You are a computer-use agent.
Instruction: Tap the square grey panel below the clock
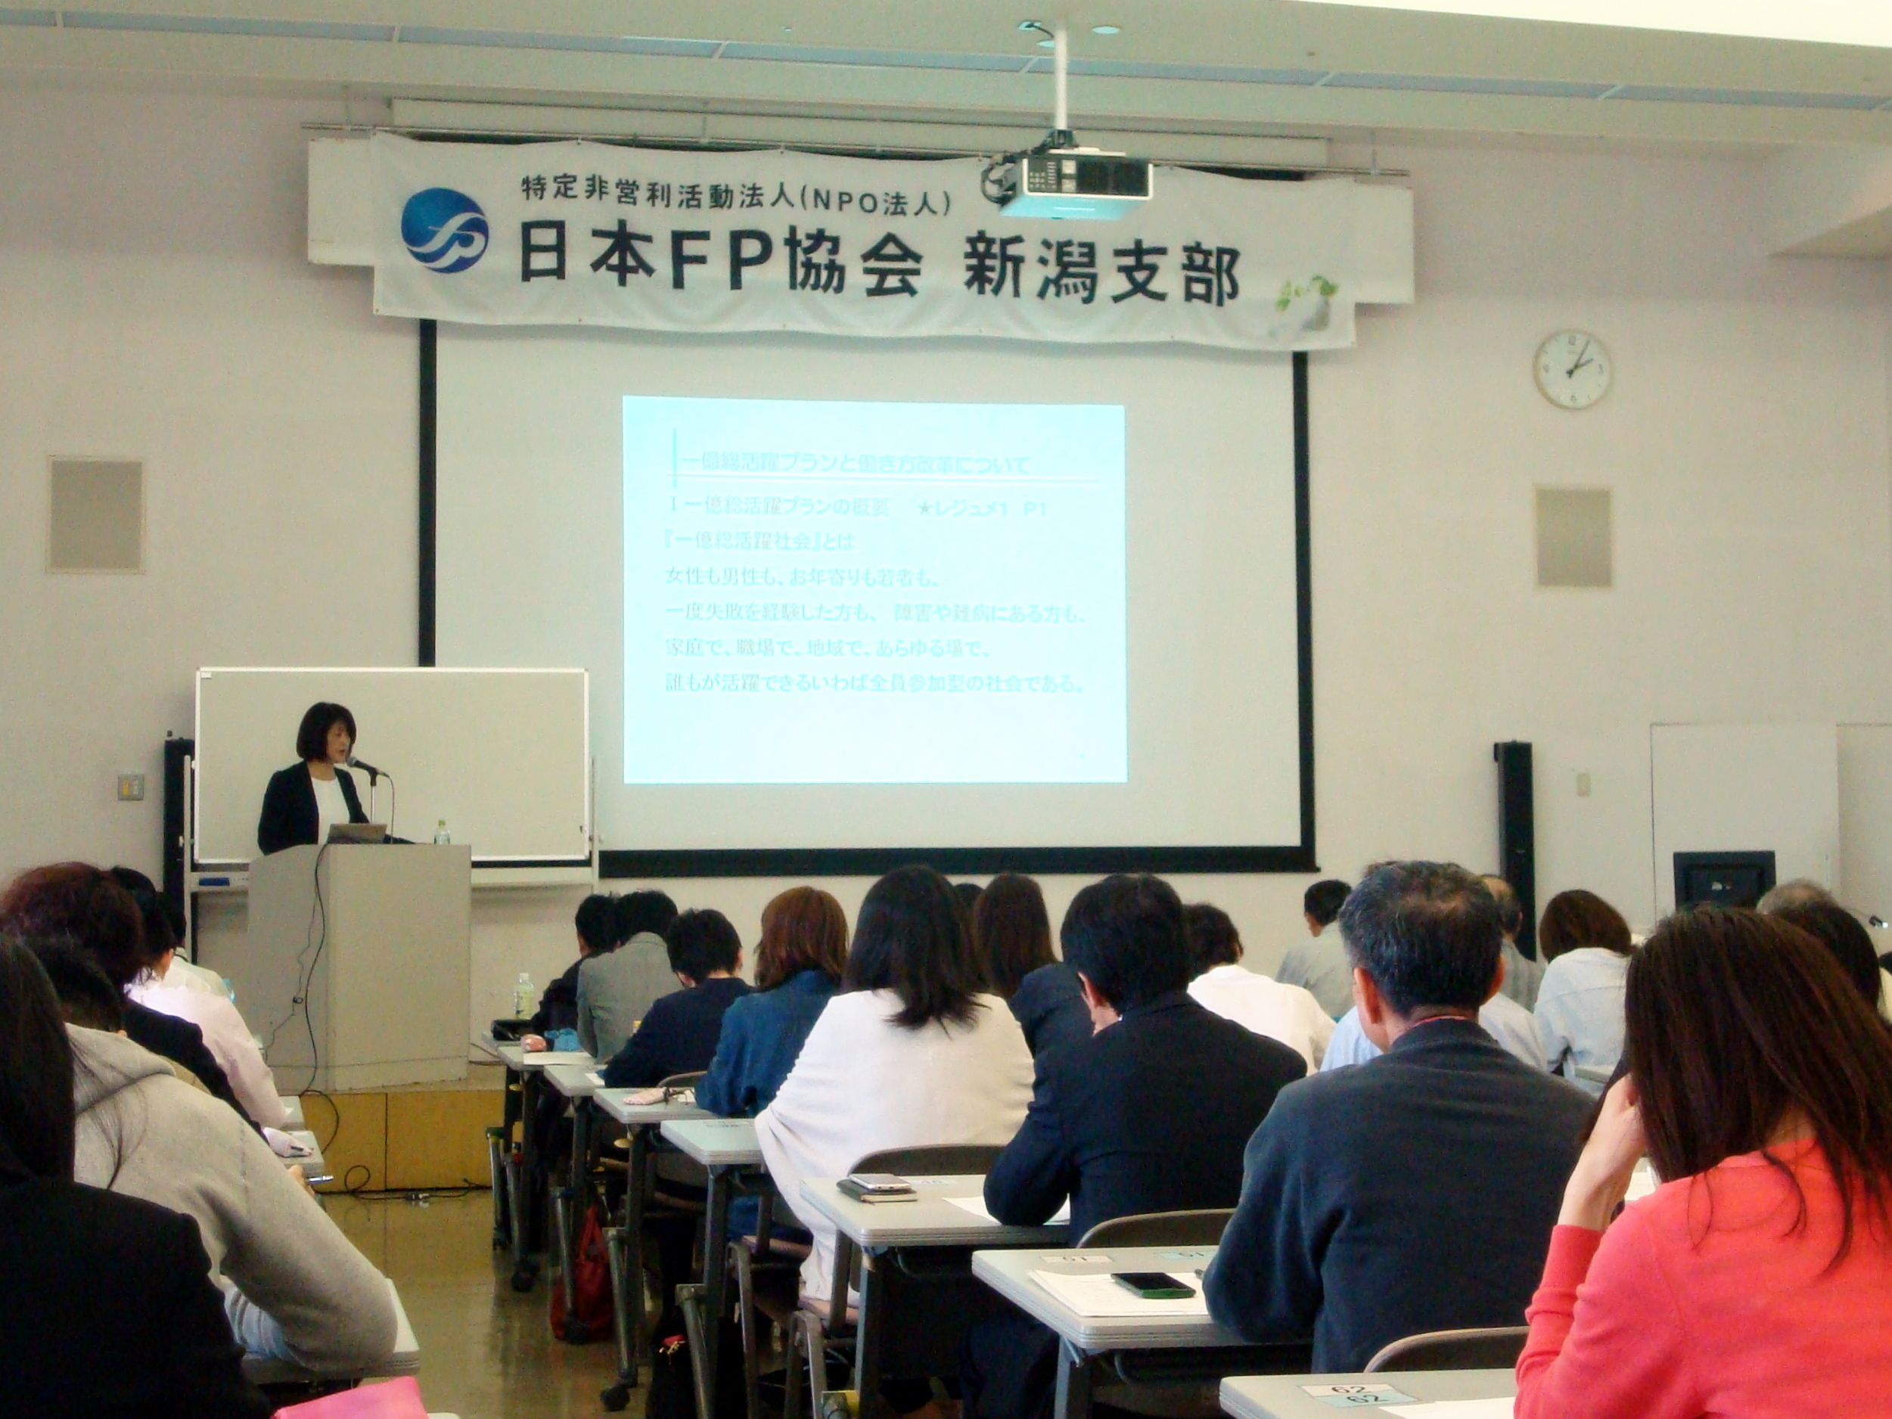(x=1572, y=536)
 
